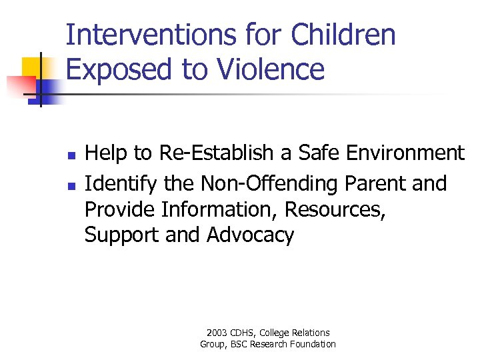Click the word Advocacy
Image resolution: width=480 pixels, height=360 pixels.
(x=250, y=235)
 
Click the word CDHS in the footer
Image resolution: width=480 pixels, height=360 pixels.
(x=243, y=333)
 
